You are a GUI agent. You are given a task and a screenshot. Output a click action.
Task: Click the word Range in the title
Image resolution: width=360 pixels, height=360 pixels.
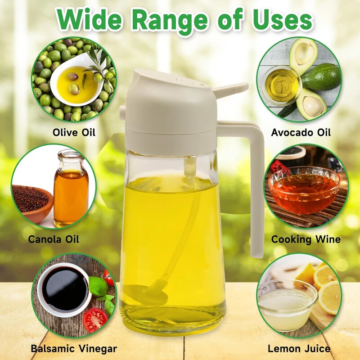coord(170,21)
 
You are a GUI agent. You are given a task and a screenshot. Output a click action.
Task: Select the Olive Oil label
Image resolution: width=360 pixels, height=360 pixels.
coord(74,132)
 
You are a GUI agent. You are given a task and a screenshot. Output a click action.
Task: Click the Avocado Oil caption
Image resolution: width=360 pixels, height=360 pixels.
coord(301,132)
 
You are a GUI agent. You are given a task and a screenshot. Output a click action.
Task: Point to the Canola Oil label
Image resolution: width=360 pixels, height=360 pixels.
coord(54,239)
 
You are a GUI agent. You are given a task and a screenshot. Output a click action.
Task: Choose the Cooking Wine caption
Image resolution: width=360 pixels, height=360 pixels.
coord(306,239)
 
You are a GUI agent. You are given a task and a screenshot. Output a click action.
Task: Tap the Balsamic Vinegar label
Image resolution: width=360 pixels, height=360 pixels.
coord(74,349)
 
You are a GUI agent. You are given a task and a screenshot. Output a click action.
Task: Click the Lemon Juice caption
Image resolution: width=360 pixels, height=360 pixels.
coord(299,349)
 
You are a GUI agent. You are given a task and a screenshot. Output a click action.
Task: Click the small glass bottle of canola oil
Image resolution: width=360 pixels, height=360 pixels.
coord(71,188)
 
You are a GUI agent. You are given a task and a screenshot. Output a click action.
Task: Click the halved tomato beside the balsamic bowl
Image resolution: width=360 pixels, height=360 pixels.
coord(95,320)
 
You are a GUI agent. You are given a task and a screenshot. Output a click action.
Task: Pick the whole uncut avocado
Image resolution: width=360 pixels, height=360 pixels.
coord(321,77)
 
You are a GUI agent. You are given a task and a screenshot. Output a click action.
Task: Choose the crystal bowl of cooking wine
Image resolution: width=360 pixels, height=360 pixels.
coord(304,189)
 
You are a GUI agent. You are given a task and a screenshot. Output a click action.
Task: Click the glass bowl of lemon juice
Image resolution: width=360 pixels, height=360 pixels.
coord(287,305)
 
